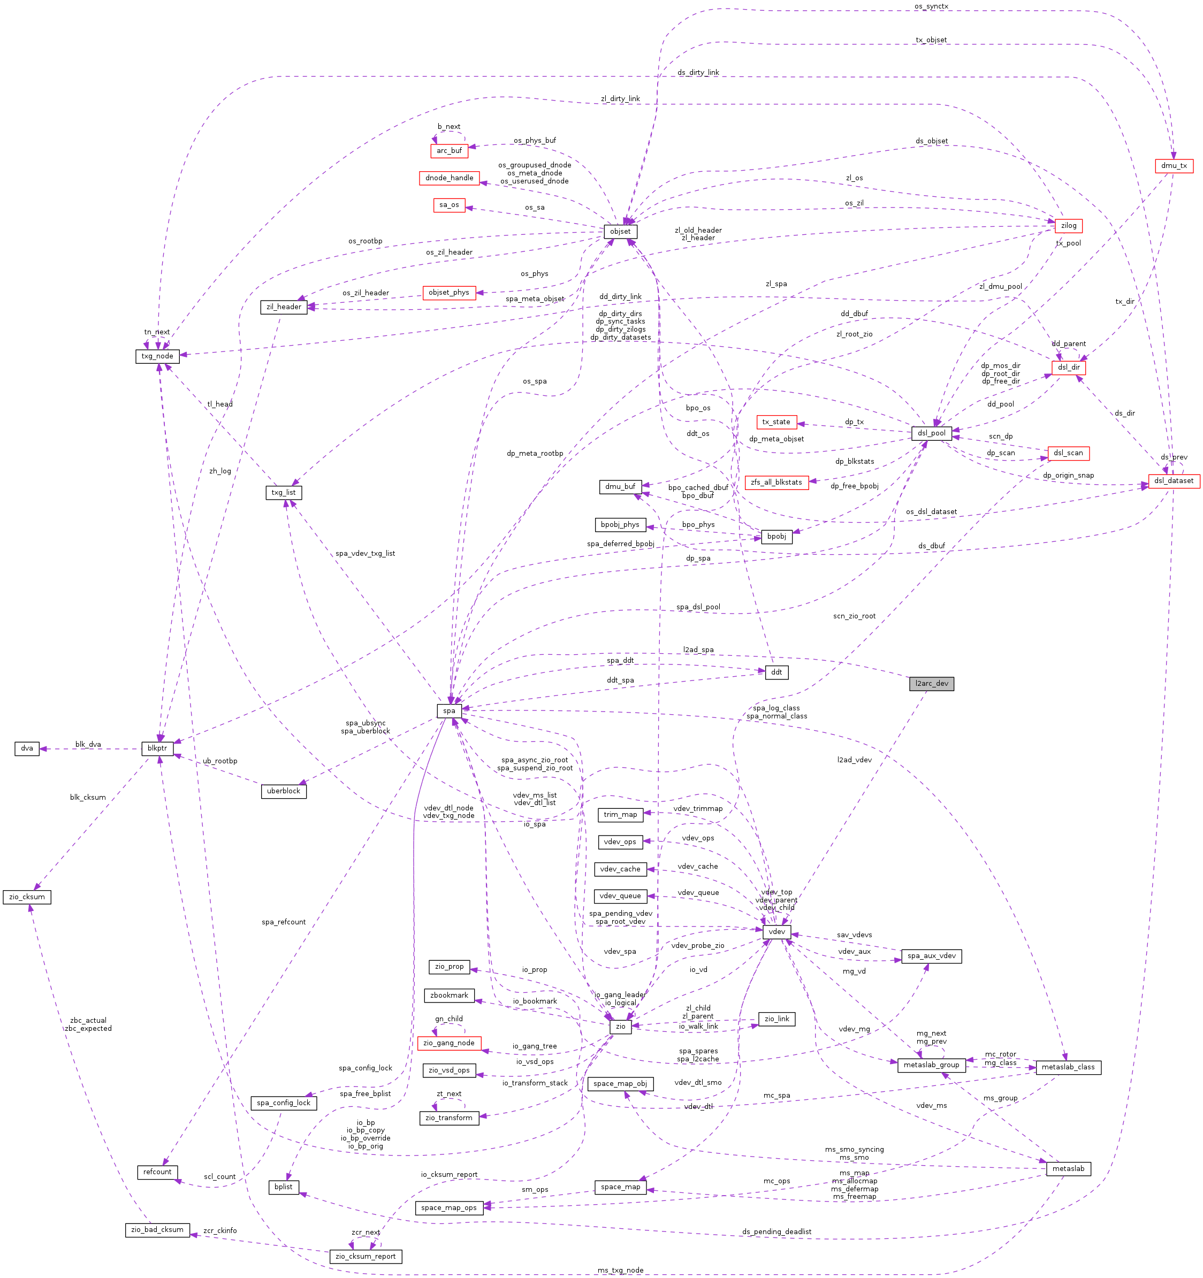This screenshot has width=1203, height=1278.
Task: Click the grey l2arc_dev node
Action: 931,683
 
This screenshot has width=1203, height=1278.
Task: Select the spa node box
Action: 449,710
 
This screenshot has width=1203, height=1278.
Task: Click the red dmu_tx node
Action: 1174,166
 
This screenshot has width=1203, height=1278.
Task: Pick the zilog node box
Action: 1068,226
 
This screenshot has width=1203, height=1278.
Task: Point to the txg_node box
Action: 157,356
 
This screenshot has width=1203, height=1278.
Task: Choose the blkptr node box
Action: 157,748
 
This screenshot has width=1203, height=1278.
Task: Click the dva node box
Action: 27,748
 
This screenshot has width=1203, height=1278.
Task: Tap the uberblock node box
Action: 283,791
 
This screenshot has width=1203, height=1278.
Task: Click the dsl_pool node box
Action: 931,433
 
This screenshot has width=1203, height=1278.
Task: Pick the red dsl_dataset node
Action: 1174,481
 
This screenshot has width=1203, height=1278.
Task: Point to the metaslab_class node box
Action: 1067,1067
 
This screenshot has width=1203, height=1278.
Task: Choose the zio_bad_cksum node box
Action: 157,1230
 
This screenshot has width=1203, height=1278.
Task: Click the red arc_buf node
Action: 449,151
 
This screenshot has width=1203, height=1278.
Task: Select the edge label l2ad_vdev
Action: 854,760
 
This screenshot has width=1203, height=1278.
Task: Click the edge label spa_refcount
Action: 284,922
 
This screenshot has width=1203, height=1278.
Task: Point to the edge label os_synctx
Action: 931,6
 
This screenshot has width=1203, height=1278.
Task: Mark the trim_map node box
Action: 620,815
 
